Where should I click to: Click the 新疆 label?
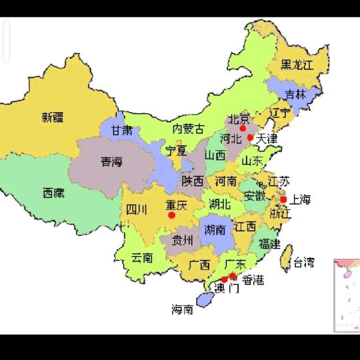pyautogui.click(x=53, y=117)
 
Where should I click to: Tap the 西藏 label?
pyautogui.click(x=53, y=193)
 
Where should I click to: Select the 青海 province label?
pyautogui.click(x=111, y=161)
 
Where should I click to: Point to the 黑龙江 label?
pyautogui.click(x=296, y=65)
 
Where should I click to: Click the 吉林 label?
pyautogui.click(x=295, y=95)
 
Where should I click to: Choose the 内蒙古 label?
pyautogui.click(x=189, y=128)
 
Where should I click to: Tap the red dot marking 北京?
pyautogui.click(x=243, y=129)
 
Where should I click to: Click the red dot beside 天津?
pyautogui.click(x=250, y=137)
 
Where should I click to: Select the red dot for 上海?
pyautogui.click(x=283, y=199)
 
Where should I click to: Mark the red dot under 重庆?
pyautogui.click(x=171, y=215)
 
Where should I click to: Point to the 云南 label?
pyautogui.click(x=142, y=257)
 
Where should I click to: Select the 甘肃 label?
pyautogui.click(x=121, y=130)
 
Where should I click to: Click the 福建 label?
pyautogui.click(x=269, y=243)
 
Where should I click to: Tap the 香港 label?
pyautogui.click(x=253, y=280)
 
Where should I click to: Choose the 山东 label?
pyautogui.click(x=251, y=160)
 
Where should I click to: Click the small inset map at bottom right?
pyautogui.click(x=346, y=294)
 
